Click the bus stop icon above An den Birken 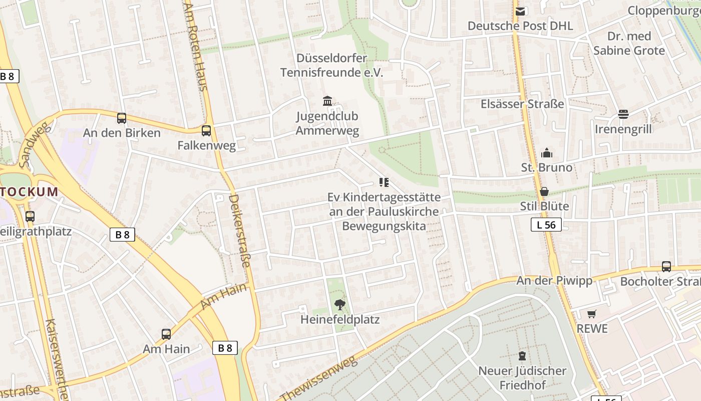[x=122, y=118]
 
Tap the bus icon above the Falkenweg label [x=206, y=131]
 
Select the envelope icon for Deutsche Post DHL [x=520, y=11]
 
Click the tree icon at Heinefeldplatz [x=340, y=304]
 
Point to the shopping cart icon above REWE [x=592, y=314]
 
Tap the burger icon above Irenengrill [x=623, y=114]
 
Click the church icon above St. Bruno [x=546, y=152]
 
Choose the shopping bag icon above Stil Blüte [x=544, y=191]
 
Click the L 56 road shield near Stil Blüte [x=546, y=225]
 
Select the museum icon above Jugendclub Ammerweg [x=327, y=101]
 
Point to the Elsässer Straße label [x=522, y=104]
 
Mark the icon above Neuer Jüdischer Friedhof [x=522, y=356]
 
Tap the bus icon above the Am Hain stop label [x=166, y=334]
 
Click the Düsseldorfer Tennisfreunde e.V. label [x=331, y=65]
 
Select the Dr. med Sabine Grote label [x=629, y=43]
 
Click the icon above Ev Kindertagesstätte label [x=384, y=182]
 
